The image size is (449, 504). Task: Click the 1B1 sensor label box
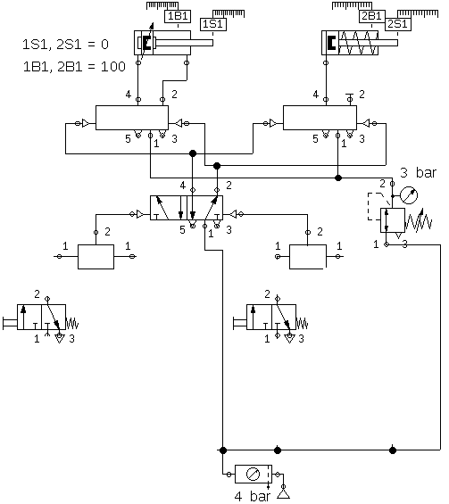pos(178,16)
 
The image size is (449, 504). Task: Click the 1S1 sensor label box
pos(213,24)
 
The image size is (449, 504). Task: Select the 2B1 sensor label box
pos(372,16)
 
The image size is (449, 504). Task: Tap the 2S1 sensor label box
pos(398,24)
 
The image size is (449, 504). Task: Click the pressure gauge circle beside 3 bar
pos(409,195)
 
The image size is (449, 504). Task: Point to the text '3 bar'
pos(419,173)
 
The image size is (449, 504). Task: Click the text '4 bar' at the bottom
pos(253,496)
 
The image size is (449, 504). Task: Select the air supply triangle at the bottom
pos(283,493)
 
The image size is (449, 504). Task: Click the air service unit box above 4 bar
pos(254,474)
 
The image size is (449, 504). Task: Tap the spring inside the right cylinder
pos(359,43)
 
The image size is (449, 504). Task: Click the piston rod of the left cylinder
pos(184,43)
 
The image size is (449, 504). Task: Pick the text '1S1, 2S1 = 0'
pos(66,45)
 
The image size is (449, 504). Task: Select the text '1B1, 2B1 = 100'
pos(74,67)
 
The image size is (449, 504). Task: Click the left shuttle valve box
pos(96,257)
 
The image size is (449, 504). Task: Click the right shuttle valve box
pos(308,257)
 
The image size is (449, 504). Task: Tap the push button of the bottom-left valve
pos(10,323)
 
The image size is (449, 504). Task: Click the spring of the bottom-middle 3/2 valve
pos(302,323)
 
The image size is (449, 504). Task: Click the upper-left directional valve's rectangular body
pos(132,118)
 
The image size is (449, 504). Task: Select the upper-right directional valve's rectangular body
pos(320,118)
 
